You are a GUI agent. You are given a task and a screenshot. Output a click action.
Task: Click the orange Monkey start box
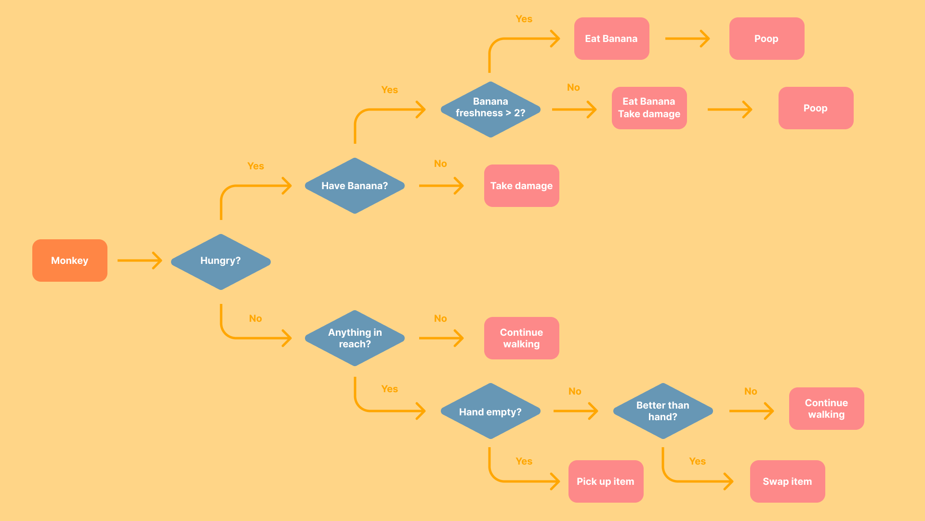coord(70,260)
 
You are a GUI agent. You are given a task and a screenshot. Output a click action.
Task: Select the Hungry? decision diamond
coord(221,261)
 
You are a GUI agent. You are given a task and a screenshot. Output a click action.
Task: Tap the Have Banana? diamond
coord(355,186)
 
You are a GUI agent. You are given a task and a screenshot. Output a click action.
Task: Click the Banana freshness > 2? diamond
coord(490,109)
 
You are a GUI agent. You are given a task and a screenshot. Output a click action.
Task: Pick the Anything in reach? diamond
coord(355,338)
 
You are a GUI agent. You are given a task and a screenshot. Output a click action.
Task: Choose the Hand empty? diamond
coord(490,411)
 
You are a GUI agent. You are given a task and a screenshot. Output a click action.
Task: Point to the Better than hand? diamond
coord(663,411)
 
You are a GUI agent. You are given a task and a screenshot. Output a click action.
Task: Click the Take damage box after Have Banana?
coord(521,186)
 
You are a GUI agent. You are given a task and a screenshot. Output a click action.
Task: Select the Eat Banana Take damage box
coord(649,108)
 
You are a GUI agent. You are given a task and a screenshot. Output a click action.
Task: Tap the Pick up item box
coord(606,481)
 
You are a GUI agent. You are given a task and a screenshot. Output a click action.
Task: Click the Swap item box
coord(787,481)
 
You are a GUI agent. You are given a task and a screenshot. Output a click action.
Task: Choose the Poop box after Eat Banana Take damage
coord(816,108)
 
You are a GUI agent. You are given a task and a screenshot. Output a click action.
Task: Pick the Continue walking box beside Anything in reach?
coord(521,338)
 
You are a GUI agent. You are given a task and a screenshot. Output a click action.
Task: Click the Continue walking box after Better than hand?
coord(826,409)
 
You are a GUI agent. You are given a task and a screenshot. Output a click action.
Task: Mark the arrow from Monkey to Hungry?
coord(140,260)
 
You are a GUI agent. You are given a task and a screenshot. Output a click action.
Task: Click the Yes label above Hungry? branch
coord(255,166)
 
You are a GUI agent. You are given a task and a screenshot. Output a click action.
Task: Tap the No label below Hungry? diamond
coord(255,318)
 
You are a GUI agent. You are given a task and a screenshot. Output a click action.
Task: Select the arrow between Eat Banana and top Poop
coord(687,39)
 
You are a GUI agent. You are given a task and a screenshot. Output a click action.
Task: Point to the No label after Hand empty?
coord(575,391)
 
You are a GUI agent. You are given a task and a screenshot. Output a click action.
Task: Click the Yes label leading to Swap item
coord(697,461)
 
